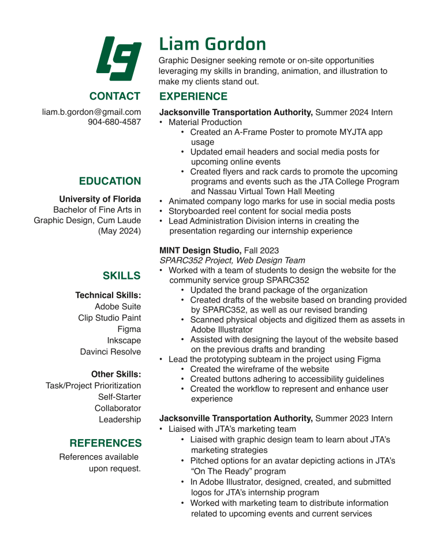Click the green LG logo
[x=118, y=58]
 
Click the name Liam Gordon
[x=212, y=44]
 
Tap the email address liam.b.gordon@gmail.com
[x=91, y=112]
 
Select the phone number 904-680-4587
[x=114, y=122]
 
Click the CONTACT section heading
[x=114, y=96]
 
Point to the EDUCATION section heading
[x=110, y=182]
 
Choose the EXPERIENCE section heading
[x=193, y=96]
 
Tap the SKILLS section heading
[x=121, y=276]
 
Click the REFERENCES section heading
[x=105, y=443]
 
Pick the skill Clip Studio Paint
[x=110, y=318]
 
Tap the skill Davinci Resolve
[x=110, y=352]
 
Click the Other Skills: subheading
[x=116, y=375]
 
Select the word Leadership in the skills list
[x=120, y=420]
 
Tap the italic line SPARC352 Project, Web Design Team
[x=232, y=260]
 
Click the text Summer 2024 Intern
[x=354, y=112]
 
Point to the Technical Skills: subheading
[x=108, y=295]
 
